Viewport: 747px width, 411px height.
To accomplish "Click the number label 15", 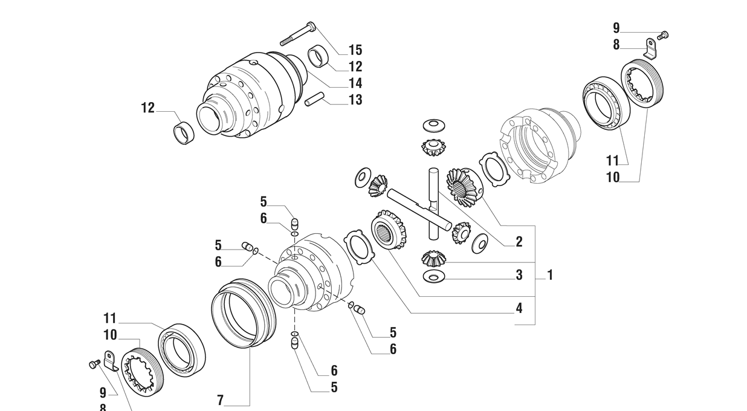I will [x=355, y=50].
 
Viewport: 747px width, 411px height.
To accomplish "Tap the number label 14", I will [x=355, y=83].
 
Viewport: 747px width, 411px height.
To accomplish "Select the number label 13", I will [x=355, y=100].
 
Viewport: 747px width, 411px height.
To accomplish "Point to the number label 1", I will [x=550, y=275].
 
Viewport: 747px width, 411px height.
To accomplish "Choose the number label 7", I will [x=221, y=400].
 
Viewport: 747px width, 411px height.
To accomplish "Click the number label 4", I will [x=519, y=308].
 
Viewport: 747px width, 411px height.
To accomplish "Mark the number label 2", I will [x=519, y=242].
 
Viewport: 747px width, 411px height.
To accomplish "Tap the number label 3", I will [x=519, y=275].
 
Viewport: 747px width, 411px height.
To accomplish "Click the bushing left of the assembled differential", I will [x=184, y=132].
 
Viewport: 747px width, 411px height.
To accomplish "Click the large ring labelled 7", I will [x=243, y=314].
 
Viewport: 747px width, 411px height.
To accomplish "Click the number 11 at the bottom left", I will [x=109, y=319].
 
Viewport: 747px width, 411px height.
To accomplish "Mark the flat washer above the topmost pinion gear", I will [x=433, y=124].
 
